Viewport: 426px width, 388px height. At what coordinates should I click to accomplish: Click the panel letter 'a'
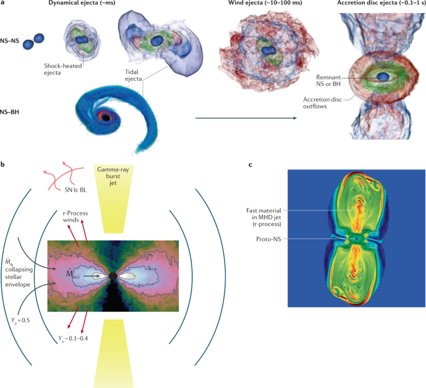[4, 4]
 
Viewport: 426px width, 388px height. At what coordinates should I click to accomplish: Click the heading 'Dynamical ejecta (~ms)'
[86, 4]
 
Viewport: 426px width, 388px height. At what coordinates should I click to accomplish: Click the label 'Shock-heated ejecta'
[65, 69]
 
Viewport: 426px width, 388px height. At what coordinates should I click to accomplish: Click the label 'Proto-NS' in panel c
[271, 239]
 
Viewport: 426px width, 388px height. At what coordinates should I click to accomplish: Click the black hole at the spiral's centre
[107, 117]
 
